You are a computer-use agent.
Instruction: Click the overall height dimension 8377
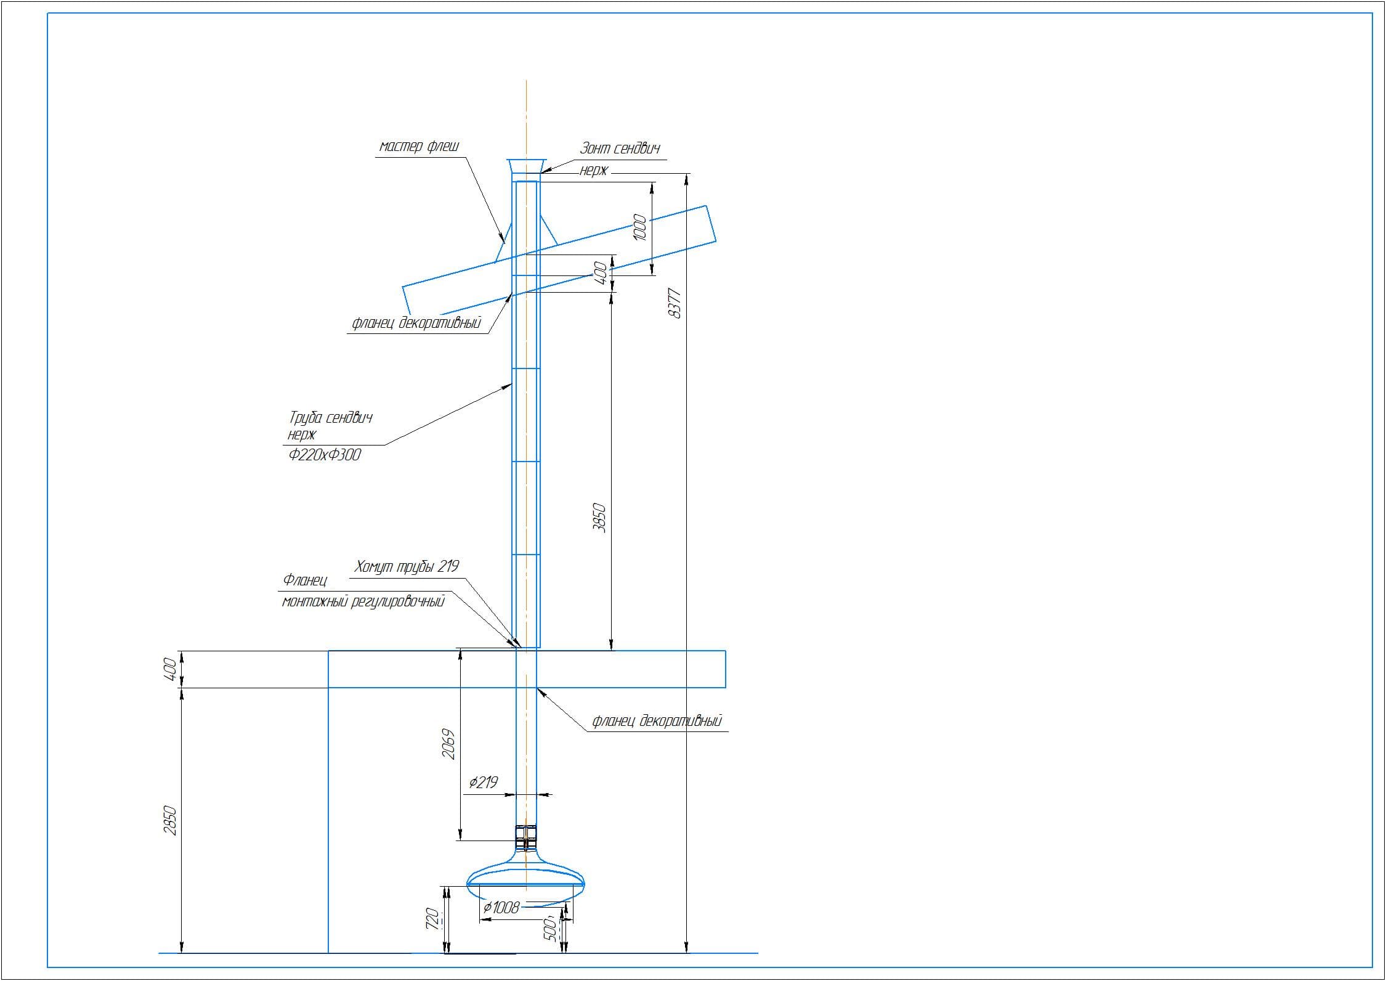tap(675, 303)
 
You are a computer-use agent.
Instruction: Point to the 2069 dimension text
tap(449, 744)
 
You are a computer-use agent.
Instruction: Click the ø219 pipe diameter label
tap(483, 783)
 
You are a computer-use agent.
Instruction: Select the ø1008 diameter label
tap(501, 907)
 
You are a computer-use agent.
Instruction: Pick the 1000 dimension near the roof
tap(641, 227)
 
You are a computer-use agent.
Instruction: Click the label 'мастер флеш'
tap(419, 147)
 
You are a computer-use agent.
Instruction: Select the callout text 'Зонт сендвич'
tap(620, 149)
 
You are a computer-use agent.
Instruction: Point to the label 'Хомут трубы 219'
tap(407, 566)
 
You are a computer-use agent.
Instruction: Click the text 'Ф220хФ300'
tap(325, 455)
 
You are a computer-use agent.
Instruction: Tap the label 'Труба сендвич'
tap(331, 417)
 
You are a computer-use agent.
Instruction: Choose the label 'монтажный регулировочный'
tap(363, 601)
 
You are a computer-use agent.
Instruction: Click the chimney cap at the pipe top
tap(526, 166)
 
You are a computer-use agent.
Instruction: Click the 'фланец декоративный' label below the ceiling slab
tap(657, 720)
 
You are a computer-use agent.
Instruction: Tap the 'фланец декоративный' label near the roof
tap(416, 323)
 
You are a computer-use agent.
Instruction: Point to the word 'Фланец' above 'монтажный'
tap(304, 580)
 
